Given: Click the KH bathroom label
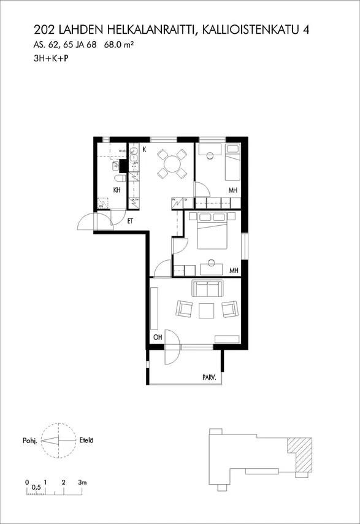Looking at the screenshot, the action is click(117, 190).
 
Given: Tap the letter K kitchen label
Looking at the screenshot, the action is click(144, 149).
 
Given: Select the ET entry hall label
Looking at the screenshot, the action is click(130, 222).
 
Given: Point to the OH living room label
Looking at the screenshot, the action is click(158, 337).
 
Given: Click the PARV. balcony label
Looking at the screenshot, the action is click(209, 378).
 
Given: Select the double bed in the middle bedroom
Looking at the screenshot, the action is click(213, 230).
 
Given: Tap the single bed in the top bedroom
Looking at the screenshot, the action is click(232, 163).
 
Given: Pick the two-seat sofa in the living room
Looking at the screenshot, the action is click(207, 288).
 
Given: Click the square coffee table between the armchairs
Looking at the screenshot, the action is click(207, 310).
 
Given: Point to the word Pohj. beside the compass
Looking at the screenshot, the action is click(29, 441).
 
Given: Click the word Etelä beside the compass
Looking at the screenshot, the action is click(86, 440).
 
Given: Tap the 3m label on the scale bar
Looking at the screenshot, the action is click(82, 482).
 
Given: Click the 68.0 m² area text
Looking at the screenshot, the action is click(119, 45).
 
